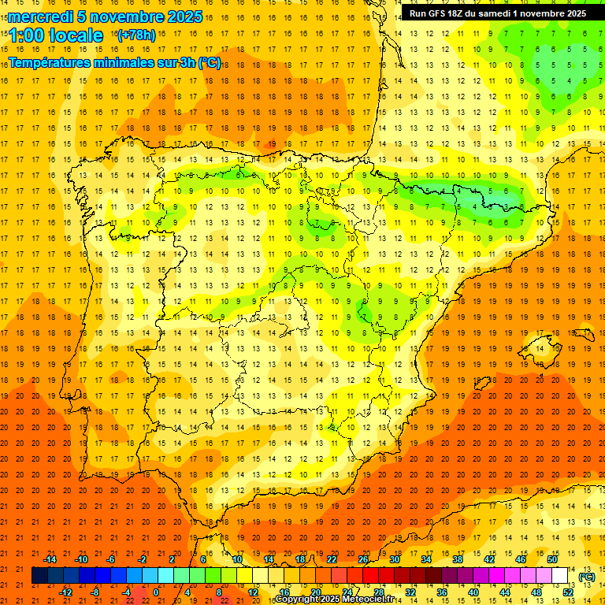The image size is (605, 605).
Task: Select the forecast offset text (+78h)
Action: [135, 35]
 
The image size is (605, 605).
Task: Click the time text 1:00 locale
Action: [56, 35]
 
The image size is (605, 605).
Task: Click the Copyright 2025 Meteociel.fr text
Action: [334, 599]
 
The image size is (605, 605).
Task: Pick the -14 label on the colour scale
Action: [49, 559]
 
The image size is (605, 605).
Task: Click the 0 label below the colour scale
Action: [156, 592]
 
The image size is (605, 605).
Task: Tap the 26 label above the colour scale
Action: [363, 559]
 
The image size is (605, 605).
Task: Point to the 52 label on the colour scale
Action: [568, 592]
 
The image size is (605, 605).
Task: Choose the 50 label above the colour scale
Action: [552, 559]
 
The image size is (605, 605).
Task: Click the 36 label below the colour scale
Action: [442, 592]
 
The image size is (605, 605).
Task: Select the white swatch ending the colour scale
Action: [560, 576]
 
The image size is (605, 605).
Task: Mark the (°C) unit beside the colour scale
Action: [586, 577]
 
